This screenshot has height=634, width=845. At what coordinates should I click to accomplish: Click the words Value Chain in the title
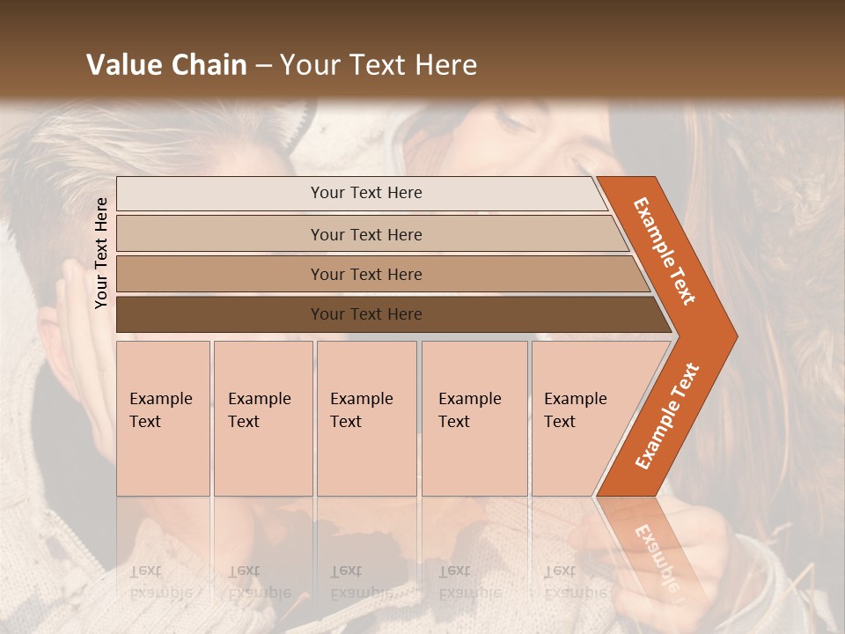click(x=166, y=65)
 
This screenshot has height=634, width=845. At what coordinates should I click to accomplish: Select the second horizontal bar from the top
click(x=365, y=234)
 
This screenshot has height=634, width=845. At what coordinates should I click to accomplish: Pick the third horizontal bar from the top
click(x=365, y=274)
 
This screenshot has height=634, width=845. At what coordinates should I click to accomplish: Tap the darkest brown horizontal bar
click(x=365, y=314)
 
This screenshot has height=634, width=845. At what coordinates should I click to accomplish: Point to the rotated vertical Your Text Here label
click(x=101, y=253)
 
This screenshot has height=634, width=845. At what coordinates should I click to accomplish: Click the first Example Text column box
click(x=163, y=418)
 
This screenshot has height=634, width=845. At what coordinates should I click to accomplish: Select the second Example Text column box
click(x=262, y=418)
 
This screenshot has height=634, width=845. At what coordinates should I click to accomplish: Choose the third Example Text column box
click(x=365, y=418)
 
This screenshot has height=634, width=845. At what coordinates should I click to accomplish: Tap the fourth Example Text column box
click(x=474, y=418)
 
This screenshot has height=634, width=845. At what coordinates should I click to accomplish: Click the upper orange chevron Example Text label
click(x=665, y=251)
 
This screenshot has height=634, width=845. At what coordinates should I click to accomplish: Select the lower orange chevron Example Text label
click(x=667, y=416)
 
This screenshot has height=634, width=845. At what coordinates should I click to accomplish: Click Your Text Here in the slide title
click(x=378, y=65)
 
